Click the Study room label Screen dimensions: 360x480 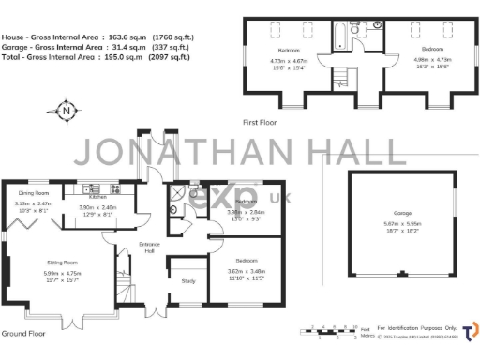click(187, 280)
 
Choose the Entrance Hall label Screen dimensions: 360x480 click(122, 248)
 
